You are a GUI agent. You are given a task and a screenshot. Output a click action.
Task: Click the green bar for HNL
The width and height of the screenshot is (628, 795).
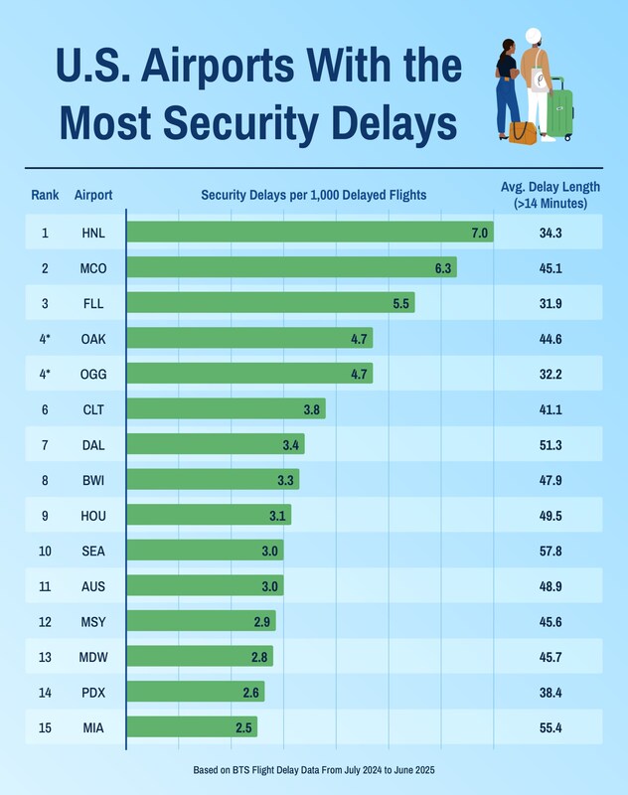coord(310,233)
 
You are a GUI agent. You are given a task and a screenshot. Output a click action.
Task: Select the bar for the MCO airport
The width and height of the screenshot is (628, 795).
coord(292,268)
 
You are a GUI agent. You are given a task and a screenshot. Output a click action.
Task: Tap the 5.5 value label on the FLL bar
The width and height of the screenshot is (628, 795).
coord(401,304)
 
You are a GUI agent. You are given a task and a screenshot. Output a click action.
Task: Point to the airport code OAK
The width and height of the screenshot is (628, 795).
coord(93,339)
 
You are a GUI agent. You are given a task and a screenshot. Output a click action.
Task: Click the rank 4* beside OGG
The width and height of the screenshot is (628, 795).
coord(45,375)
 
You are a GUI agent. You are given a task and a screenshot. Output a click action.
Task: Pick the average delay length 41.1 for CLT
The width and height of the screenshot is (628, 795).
coord(550,409)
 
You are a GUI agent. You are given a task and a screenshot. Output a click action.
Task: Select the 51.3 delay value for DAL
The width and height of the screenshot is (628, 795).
coord(550,445)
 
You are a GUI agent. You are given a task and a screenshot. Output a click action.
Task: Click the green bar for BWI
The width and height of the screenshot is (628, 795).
coord(213,480)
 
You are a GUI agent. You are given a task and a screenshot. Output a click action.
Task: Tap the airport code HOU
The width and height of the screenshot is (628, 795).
coord(93,516)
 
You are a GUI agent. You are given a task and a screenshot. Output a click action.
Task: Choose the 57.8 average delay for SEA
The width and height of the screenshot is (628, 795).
coord(550,551)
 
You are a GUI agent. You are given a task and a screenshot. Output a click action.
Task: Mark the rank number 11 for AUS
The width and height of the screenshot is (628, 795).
coord(45,586)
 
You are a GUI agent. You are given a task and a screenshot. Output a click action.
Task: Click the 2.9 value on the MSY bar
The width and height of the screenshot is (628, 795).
coord(262,621)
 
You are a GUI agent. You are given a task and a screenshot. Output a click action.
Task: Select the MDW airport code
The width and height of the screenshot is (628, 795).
coord(93,657)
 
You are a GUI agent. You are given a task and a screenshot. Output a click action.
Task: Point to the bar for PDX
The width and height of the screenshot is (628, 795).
coord(196,692)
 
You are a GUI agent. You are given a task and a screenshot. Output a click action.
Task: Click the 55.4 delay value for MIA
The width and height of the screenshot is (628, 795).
coord(550,727)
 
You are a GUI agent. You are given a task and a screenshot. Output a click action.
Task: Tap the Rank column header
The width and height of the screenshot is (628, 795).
coord(45,195)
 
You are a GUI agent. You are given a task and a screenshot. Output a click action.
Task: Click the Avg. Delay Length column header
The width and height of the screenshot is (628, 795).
coord(549,195)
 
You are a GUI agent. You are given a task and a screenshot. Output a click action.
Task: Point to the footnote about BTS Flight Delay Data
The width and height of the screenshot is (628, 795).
coord(314,770)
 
